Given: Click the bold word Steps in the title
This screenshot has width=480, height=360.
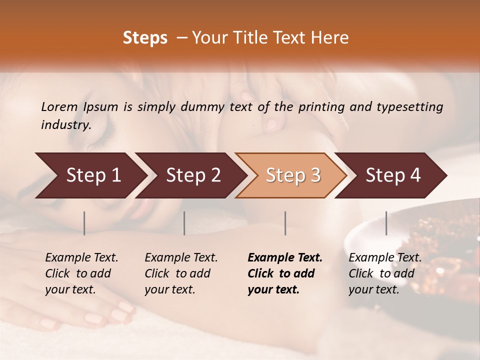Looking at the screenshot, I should tap(145, 38).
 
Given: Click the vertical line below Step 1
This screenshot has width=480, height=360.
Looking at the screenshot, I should tap(84, 223).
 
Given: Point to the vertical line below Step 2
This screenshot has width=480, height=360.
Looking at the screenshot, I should tap(184, 223).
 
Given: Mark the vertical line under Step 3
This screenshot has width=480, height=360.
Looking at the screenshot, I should tap(285, 223).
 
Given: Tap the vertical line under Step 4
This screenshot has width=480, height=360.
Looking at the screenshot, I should tap(386, 223).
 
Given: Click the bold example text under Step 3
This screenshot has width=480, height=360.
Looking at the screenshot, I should tap(285, 273).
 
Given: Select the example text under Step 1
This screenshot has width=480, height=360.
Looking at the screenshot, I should tap(81, 273).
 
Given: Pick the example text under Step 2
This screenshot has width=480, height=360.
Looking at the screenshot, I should tap(181, 273).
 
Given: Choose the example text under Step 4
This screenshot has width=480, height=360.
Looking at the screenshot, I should tap(385, 273).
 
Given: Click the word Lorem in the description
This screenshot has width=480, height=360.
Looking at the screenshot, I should tap(59, 106).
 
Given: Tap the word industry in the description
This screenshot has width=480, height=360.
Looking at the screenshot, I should tap(65, 124).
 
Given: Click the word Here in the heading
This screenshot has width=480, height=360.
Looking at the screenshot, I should tap(330, 38).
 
